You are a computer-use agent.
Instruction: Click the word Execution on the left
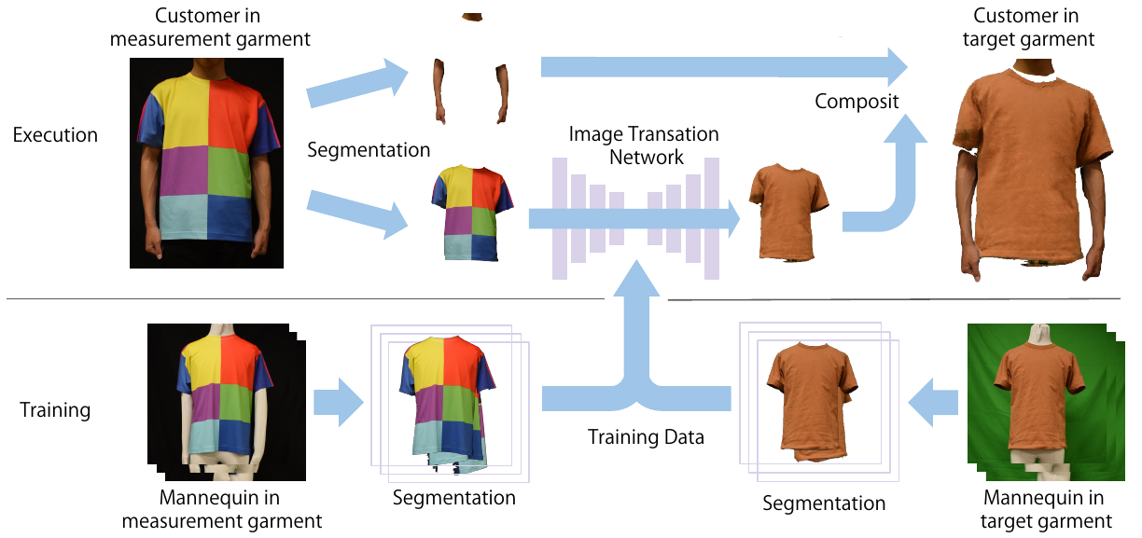pyautogui.click(x=55, y=135)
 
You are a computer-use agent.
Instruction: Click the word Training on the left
pyautogui.click(x=55, y=410)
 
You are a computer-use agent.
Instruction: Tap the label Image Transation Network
pyautogui.click(x=644, y=145)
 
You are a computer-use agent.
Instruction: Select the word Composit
pyautogui.click(x=856, y=102)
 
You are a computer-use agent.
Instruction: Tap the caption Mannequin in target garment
pyautogui.click(x=1045, y=510)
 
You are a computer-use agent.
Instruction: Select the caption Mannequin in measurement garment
pyautogui.click(x=221, y=510)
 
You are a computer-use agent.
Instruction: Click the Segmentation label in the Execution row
pyautogui.click(x=369, y=150)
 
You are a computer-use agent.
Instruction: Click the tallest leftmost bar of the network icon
pyautogui.click(x=560, y=218)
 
